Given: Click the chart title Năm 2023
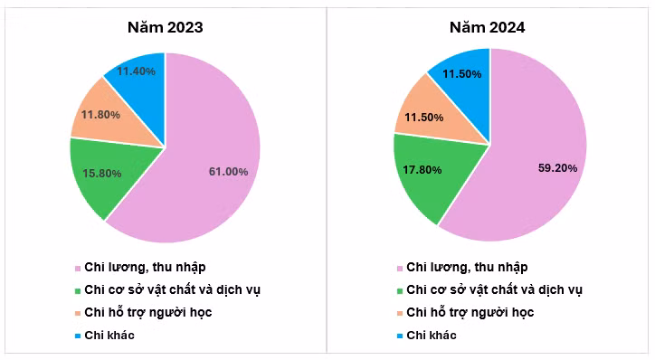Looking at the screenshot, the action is [166, 27].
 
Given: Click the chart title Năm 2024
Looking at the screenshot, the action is [487, 27].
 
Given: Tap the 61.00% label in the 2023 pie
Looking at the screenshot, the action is [229, 172].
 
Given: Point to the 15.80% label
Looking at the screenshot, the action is [102, 173].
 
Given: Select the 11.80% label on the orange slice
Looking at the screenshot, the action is [100, 115].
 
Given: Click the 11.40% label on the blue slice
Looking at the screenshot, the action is [137, 71].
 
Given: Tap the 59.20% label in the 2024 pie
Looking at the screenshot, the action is [557, 168].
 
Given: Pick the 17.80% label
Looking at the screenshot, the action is [422, 170].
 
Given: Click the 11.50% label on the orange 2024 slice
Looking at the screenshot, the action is [424, 118].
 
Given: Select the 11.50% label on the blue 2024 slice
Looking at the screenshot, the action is [462, 74].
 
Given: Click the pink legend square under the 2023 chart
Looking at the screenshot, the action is [77, 268].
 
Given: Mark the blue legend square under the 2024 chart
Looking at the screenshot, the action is [400, 336].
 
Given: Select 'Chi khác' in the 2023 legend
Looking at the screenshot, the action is [109, 336].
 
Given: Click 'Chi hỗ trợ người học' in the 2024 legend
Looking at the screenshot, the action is [470, 312].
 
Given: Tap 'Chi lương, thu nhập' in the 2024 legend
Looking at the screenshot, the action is [467, 267].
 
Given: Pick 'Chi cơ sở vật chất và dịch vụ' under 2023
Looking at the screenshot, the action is [172, 289].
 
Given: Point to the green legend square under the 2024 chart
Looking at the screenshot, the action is [400, 290].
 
